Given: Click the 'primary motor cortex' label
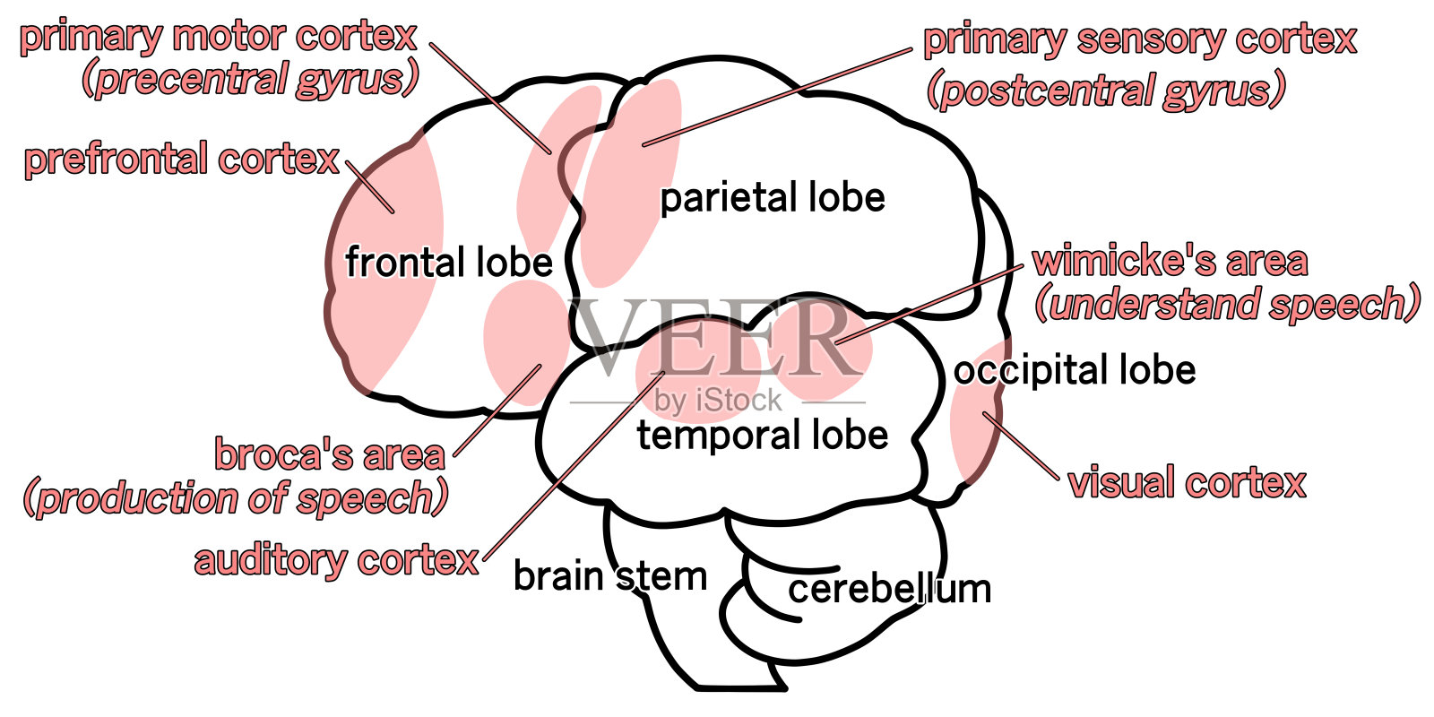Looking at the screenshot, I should [x=219, y=37].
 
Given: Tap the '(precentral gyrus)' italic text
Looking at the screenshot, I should [x=250, y=80].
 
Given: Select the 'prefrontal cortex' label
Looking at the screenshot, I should [x=182, y=160].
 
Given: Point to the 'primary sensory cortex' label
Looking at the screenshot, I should [x=1140, y=39].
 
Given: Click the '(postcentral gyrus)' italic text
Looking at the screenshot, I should [x=1107, y=91].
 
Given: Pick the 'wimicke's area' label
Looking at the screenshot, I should [x=1170, y=261].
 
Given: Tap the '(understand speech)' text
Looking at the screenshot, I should [x=1228, y=304].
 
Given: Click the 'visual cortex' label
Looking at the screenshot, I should [x=1188, y=483].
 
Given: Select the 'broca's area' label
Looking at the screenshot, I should [x=330, y=455].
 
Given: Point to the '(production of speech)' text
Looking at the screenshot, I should [x=236, y=498].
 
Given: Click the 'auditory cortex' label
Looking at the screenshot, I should [x=337, y=561].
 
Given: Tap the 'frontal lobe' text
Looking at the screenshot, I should [x=449, y=263].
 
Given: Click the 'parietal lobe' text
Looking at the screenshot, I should [x=773, y=198].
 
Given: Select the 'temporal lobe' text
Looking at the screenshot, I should [x=763, y=436].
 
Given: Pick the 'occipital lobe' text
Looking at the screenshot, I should [x=1075, y=370].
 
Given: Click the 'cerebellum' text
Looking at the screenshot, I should [x=890, y=590].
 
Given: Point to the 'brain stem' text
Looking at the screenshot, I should [x=610, y=576].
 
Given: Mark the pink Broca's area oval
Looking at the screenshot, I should [x=524, y=341].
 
